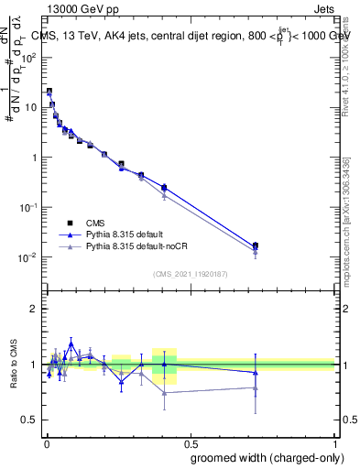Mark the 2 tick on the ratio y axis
tap(38, 309)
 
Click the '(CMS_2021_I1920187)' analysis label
tap(190, 273)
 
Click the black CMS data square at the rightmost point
tap(256, 245)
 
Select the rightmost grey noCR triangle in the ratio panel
tap(256, 388)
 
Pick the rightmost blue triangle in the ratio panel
tap(256, 372)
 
